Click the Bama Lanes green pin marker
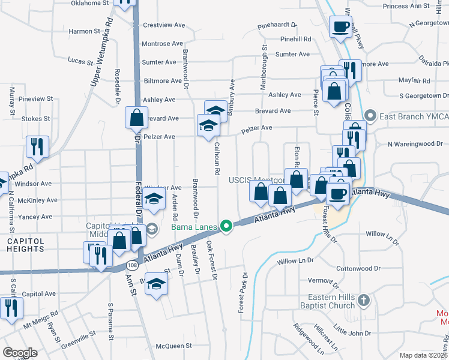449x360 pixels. pos(226,226)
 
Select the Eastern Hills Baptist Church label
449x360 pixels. pos(324,301)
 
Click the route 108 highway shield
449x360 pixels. pos(132,264)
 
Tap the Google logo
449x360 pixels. pos(20,353)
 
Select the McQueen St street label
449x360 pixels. pos(173,346)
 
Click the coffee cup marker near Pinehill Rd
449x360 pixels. pos(341,27)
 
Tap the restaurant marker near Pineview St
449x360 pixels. pos(37,146)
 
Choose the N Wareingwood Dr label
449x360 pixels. pos(415,144)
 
